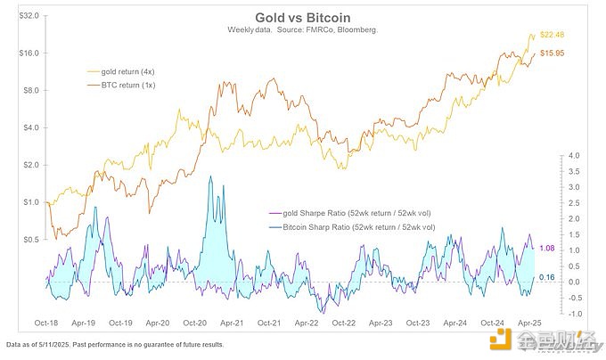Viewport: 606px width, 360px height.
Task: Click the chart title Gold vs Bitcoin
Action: (302, 17)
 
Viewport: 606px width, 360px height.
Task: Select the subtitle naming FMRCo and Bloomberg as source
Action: (303, 29)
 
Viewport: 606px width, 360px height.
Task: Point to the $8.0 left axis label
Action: (27, 90)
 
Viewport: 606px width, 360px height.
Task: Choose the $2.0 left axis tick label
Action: (27, 165)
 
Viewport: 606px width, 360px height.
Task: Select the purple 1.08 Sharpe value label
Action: (549, 249)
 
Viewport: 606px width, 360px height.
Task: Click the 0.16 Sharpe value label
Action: (549, 277)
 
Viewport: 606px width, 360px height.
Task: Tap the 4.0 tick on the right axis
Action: (575, 156)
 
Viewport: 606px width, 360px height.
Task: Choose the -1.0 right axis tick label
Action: (575, 313)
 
